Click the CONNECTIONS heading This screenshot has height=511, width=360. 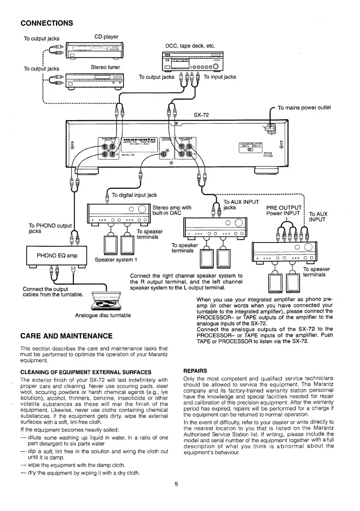[47, 23]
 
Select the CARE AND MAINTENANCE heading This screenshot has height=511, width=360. [66, 336]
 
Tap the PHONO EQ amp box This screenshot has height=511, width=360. [57, 256]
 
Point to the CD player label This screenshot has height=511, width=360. [106, 37]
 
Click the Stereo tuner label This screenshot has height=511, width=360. [105, 67]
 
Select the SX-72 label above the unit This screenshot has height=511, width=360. [202, 115]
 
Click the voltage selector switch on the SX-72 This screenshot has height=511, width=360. [250, 149]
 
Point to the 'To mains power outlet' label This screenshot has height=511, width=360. [304, 108]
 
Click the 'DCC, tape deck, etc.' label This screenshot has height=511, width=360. [190, 46]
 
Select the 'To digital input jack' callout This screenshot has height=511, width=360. [134, 195]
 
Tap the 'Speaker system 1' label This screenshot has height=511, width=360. [116, 260]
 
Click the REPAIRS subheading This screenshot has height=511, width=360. [195, 371]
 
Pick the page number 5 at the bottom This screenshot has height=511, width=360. [176, 484]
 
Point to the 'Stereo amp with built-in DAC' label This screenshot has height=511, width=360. [172, 210]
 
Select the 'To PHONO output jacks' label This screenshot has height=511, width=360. [50, 228]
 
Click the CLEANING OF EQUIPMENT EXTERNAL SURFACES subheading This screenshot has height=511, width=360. [86, 372]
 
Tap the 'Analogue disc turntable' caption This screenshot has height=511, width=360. [103, 315]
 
